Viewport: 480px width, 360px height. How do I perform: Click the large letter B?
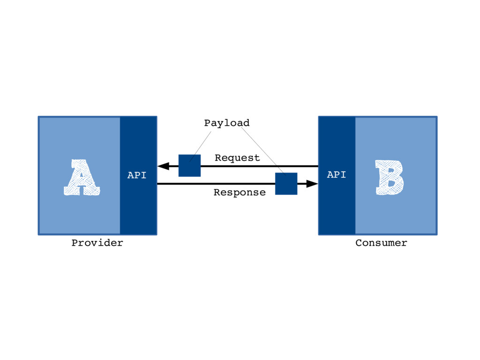[x=389, y=178]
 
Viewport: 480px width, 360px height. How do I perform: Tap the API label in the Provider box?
[x=137, y=176]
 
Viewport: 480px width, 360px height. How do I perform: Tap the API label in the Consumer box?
[x=336, y=175]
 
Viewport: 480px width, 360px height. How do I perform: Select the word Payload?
[x=227, y=123]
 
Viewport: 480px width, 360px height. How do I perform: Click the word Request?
[x=237, y=158]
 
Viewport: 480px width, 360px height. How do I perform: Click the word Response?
[x=240, y=192]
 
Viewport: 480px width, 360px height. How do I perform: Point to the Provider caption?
[x=97, y=243]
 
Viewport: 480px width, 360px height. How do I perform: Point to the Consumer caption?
[x=381, y=243]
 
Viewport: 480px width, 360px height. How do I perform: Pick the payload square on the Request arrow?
[x=189, y=165]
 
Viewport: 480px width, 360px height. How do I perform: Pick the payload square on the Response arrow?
[x=286, y=183]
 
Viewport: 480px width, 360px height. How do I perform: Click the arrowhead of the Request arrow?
[x=163, y=166]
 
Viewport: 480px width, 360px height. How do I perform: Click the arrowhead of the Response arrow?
[x=312, y=184]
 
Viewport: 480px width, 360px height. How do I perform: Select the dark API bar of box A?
[x=138, y=206]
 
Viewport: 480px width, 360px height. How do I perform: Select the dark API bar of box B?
[x=337, y=206]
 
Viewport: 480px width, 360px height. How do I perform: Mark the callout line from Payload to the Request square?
[x=201, y=145]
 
